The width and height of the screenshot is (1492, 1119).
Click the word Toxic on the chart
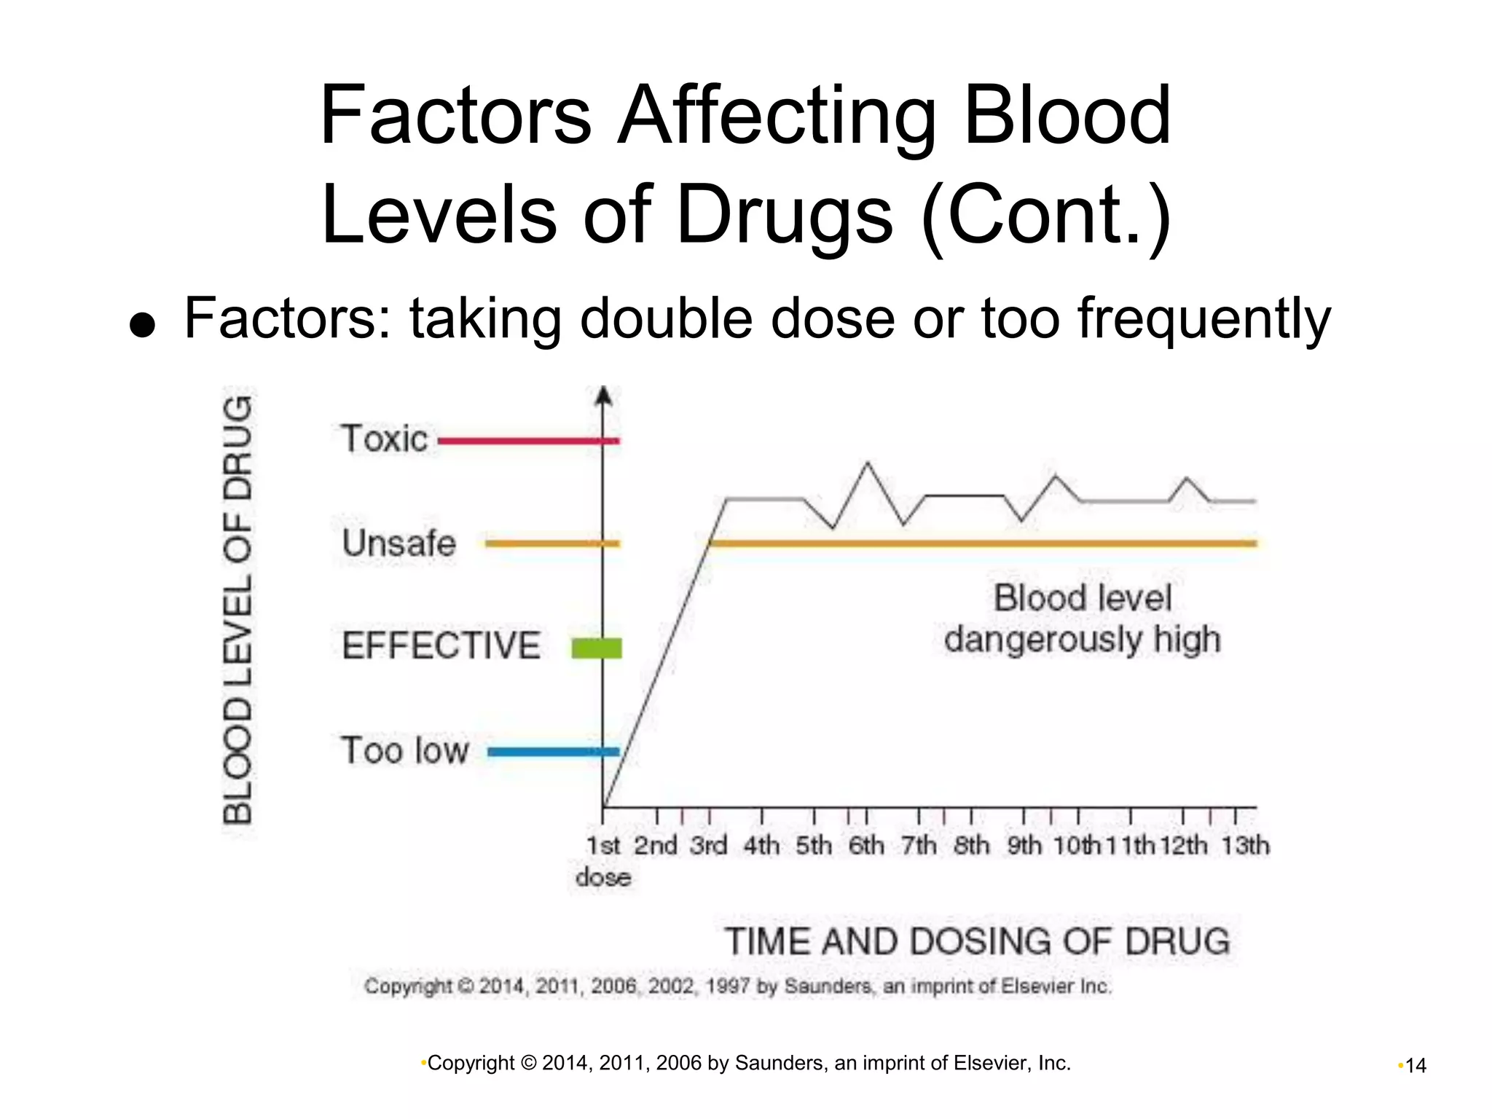point(384,439)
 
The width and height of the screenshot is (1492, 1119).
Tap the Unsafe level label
point(398,543)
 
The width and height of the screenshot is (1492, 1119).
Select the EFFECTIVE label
point(441,646)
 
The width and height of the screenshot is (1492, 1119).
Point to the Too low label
point(404,750)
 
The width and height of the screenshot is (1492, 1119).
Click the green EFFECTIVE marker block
point(597,648)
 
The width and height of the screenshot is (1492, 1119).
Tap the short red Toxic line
point(527,441)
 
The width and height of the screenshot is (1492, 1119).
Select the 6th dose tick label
point(866,846)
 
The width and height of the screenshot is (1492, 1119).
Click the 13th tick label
point(1245,846)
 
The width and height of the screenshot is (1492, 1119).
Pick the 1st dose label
point(603,860)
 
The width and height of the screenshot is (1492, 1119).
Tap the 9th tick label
point(1024,846)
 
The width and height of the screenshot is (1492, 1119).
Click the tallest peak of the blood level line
point(867,463)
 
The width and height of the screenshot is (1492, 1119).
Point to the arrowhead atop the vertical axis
point(603,396)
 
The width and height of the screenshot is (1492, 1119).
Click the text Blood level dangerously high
point(1083,619)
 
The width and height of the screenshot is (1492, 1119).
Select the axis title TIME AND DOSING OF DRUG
point(977,941)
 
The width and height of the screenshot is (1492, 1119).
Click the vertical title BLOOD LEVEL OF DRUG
point(237,610)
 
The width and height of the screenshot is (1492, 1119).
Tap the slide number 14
point(1416,1066)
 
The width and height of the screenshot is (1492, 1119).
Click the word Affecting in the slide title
point(777,116)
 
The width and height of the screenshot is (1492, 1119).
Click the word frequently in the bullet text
point(1204,319)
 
